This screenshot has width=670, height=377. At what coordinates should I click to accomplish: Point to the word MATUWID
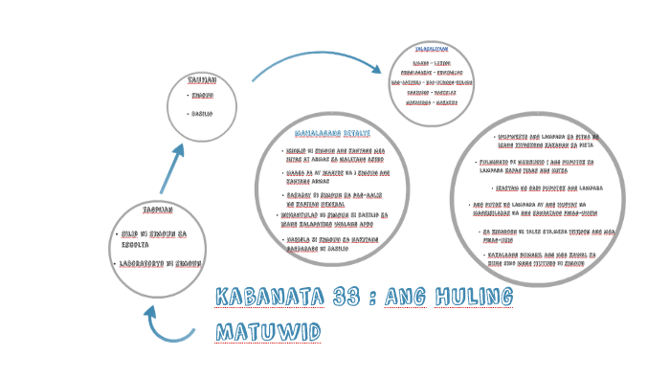tap(265, 332)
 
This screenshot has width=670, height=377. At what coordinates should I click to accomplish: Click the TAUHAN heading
tap(202, 80)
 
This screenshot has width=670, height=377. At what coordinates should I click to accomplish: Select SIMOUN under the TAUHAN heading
tap(202, 96)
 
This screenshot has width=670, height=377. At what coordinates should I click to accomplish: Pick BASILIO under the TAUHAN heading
tap(202, 114)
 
